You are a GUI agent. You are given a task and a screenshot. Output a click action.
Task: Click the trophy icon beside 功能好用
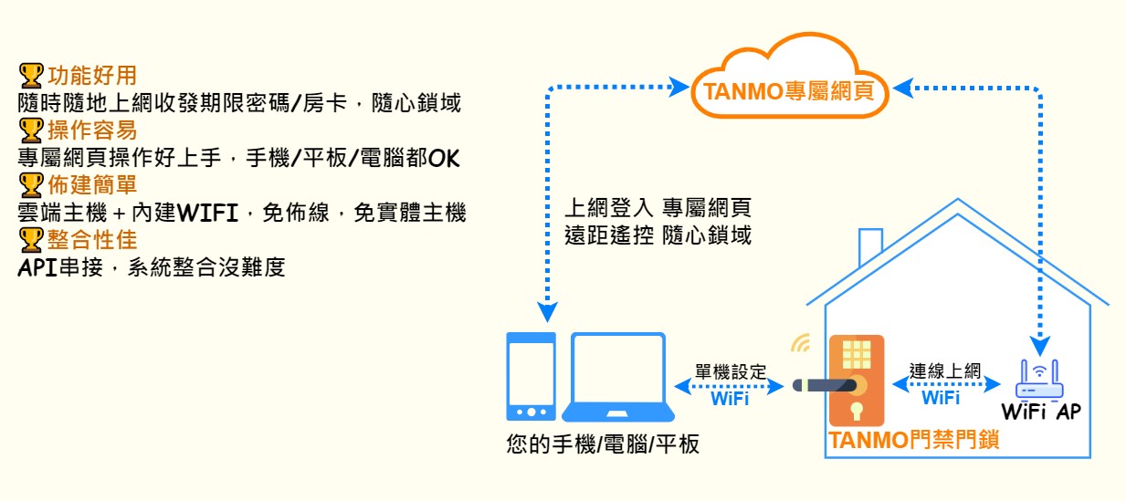pyautogui.click(x=31, y=76)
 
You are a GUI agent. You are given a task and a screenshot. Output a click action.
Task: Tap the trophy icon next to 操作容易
pyautogui.click(x=31, y=130)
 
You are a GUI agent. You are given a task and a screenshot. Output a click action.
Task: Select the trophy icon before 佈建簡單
pyautogui.click(x=31, y=185)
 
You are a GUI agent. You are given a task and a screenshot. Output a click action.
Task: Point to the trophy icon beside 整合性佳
pyautogui.click(x=31, y=240)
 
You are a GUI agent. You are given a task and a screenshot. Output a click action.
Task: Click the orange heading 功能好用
pyautogui.click(x=92, y=76)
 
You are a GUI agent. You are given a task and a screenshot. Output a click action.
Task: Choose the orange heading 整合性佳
pyautogui.click(x=92, y=240)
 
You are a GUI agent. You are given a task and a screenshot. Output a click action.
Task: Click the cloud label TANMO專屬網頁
pyautogui.click(x=788, y=91)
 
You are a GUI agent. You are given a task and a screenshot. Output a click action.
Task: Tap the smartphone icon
pyautogui.click(x=531, y=376)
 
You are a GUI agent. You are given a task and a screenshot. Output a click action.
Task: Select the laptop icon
pyautogui.click(x=618, y=377)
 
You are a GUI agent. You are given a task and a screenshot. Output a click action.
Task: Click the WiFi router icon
pyautogui.click(x=1039, y=380)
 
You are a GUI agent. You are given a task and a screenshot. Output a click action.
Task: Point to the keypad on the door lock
pyautogui.click(x=856, y=354)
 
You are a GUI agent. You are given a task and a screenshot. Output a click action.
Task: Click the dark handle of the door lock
pyautogui.click(x=825, y=385)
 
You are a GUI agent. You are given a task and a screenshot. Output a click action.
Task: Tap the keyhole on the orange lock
pyautogui.click(x=856, y=411)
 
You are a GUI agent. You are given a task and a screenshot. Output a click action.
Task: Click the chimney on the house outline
pyautogui.click(x=870, y=246)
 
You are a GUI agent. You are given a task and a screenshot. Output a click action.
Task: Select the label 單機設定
pyautogui.click(x=731, y=371)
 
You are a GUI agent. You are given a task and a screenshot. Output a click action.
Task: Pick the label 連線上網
pyautogui.click(x=945, y=371)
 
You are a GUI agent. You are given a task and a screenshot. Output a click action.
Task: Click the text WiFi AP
pyautogui.click(x=1041, y=412)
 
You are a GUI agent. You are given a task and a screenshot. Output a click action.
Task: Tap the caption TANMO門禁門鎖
pyautogui.click(x=913, y=440)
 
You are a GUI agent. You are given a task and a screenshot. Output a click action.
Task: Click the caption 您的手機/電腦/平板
pyautogui.click(x=603, y=444)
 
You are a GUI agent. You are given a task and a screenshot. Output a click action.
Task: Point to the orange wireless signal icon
pyautogui.click(x=801, y=343)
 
